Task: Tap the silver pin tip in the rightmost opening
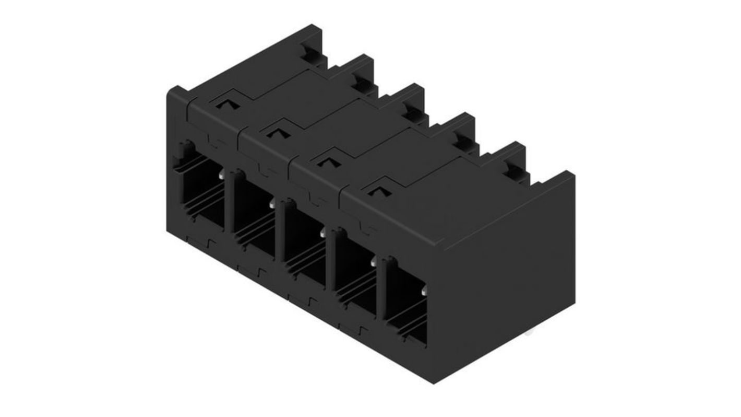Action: click(424, 290)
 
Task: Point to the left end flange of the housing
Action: click(174, 157)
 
